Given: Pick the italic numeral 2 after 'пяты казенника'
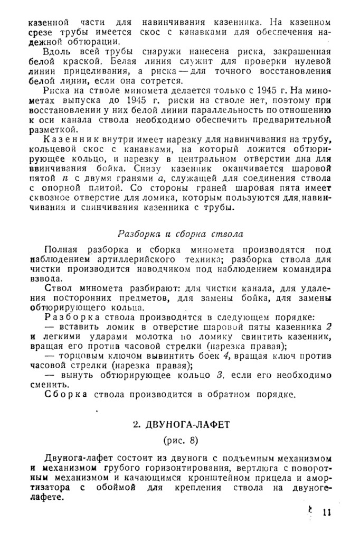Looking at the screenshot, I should click(328, 326).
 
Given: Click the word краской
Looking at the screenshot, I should click(70, 62).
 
